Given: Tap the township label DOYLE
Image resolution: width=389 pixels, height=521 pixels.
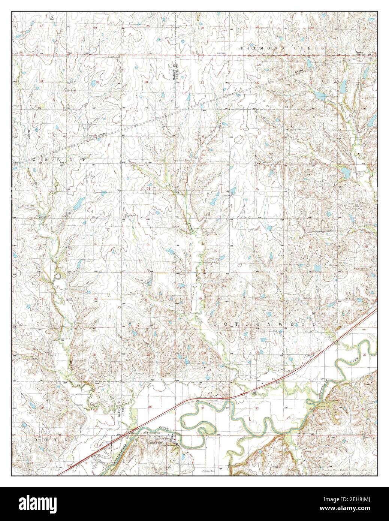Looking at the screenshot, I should pyautogui.click(x=56, y=439).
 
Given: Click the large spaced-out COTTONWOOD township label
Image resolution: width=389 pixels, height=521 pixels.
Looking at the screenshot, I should pyautogui.click(x=265, y=323).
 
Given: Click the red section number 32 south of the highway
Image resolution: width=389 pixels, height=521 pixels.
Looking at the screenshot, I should pyautogui.click(x=257, y=408).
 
